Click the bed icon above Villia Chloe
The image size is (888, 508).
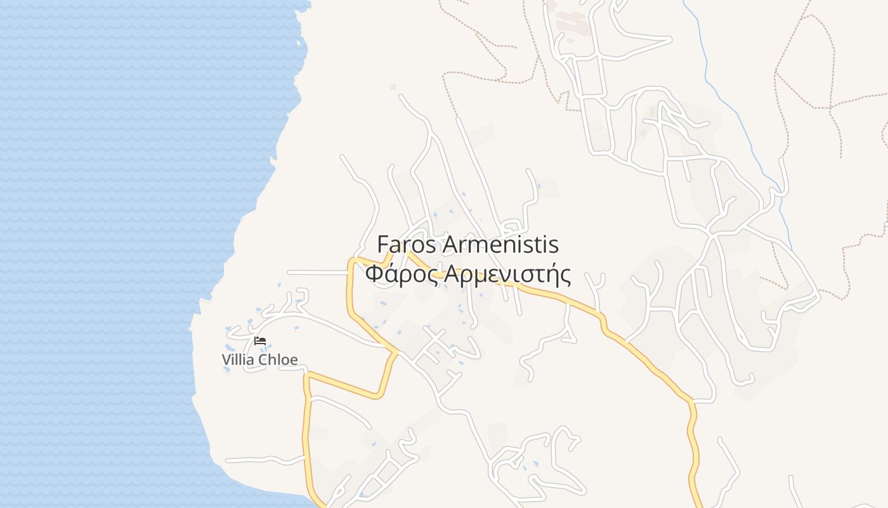260,341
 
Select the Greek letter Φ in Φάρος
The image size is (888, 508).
374,274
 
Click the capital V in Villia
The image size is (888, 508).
226,360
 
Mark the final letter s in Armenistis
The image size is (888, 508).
554,245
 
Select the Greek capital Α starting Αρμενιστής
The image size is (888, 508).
451,274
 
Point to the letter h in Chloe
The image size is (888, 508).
273,360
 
